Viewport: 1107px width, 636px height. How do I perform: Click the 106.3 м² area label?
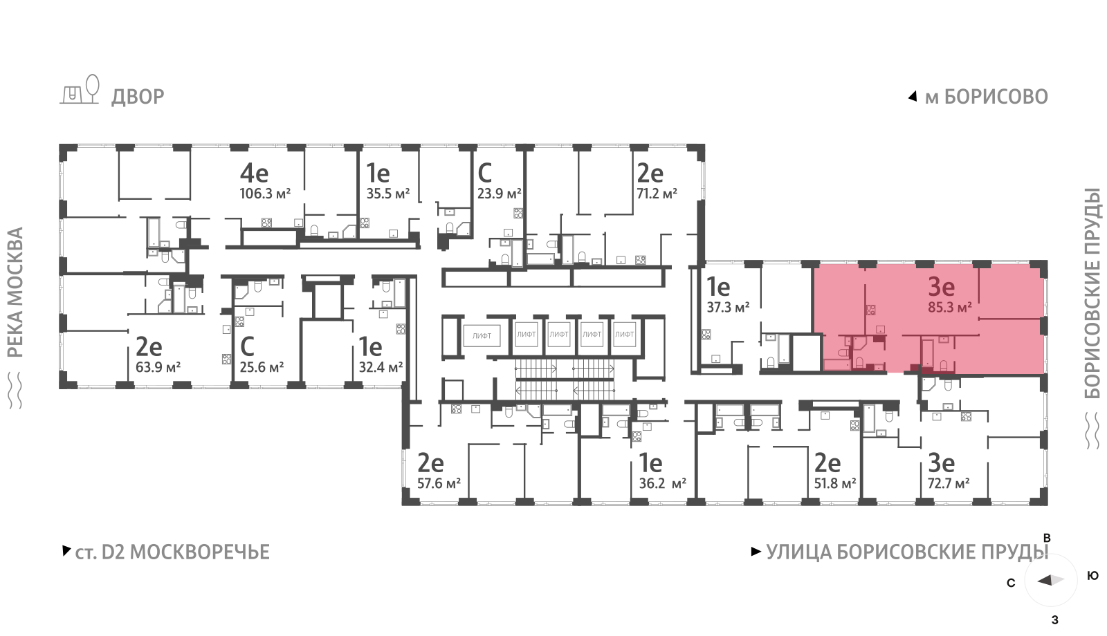[x=265, y=194]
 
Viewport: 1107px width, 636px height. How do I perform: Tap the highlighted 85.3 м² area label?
[x=950, y=308]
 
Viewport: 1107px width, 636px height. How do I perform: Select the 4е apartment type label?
[x=254, y=174]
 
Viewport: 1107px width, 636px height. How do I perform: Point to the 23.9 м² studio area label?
[x=499, y=194]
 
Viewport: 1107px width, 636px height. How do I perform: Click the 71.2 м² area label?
[x=657, y=194]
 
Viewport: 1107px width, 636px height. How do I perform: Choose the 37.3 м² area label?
[x=728, y=308]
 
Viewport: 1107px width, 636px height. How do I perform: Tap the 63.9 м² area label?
[x=158, y=367]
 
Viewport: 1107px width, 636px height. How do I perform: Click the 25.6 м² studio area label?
[x=262, y=367]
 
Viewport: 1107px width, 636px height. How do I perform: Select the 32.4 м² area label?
[x=381, y=367]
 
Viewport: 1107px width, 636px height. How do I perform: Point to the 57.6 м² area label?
[x=439, y=483]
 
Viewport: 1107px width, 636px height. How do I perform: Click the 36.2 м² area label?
[x=663, y=483]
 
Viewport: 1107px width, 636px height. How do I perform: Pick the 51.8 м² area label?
[x=835, y=483]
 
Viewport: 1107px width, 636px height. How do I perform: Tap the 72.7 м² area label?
[x=949, y=483]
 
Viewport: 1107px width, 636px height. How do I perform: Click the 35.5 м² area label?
[x=388, y=194]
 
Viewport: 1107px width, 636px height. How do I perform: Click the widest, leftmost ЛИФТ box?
[x=482, y=336]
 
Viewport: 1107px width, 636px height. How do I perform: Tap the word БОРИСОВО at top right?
[x=996, y=97]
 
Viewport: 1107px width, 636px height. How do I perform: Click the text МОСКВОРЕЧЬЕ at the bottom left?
[x=200, y=552]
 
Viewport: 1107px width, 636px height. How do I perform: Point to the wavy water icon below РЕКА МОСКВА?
[x=16, y=391]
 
